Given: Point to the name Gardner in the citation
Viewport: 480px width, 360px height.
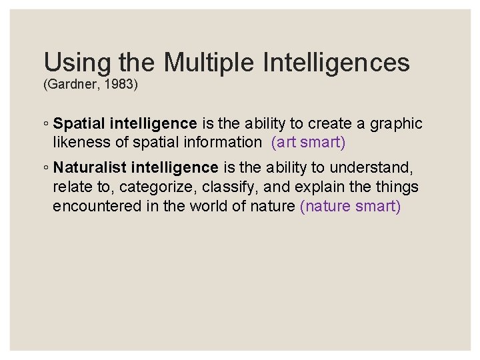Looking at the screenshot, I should tap(70, 85).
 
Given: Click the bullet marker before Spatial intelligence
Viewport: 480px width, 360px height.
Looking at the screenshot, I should tap(46, 124).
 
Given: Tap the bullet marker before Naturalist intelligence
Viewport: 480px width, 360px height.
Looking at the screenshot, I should tap(46, 168).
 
